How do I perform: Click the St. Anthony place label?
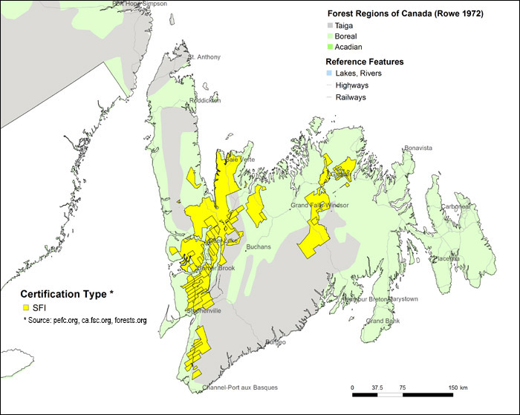[204, 57]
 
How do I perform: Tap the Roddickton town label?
[204, 100]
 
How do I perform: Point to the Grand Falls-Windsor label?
[319, 205]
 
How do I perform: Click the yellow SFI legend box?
[26, 307]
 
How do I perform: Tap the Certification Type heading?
[66, 294]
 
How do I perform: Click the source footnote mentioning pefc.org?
[85, 320]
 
